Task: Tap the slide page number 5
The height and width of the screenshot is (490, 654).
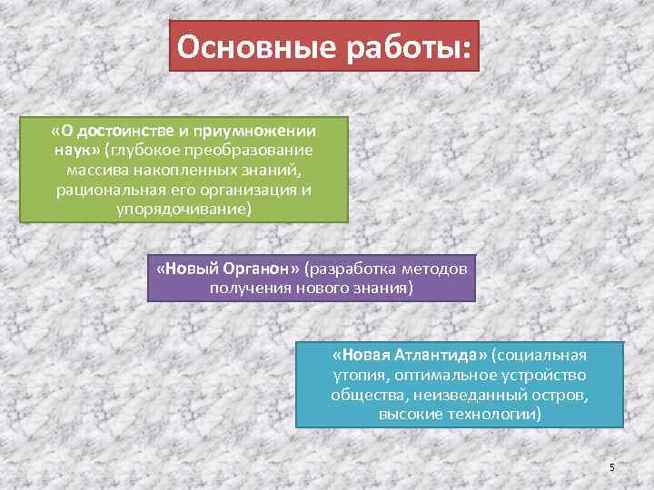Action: click(612, 467)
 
